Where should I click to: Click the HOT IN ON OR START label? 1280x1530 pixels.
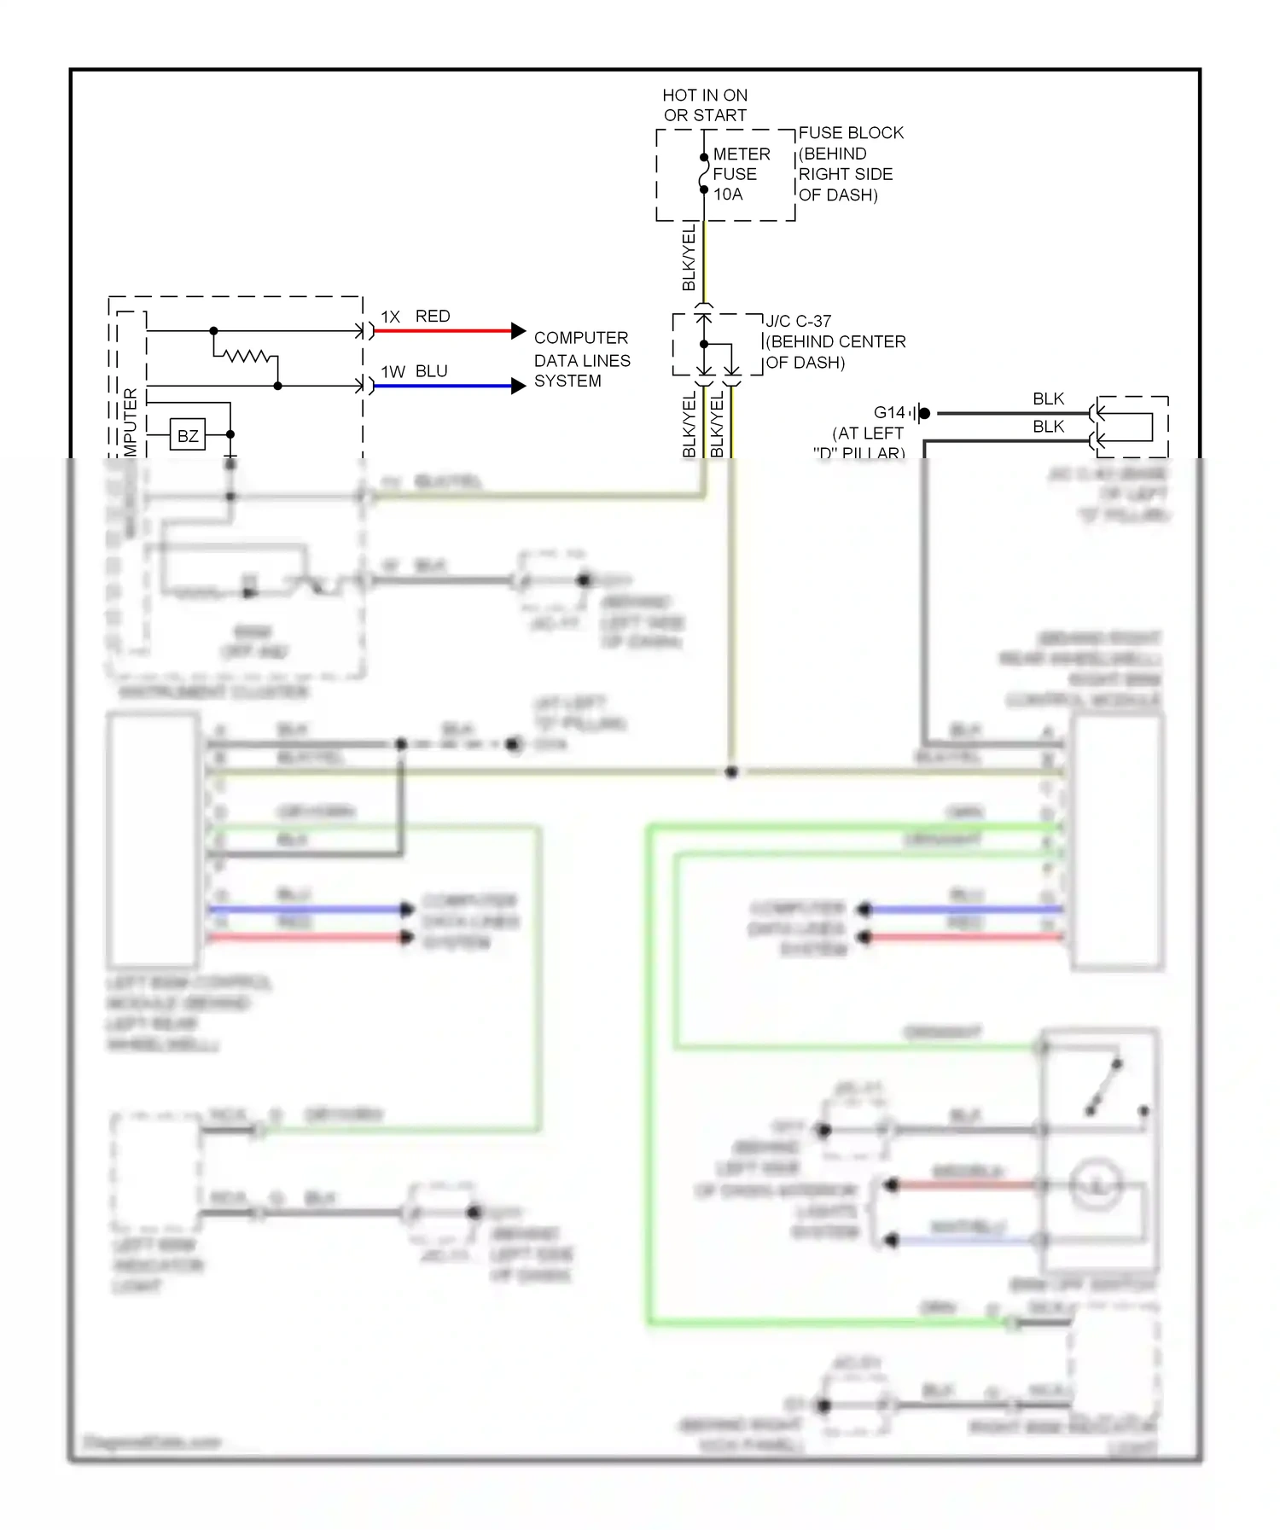pyautogui.click(x=705, y=105)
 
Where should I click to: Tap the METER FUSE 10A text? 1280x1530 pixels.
pyautogui.click(x=741, y=174)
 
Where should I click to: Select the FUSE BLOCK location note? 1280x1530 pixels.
pyautogui.click(x=849, y=164)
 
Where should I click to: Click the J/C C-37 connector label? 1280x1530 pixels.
pyautogui.click(x=798, y=321)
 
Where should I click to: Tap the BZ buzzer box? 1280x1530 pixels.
pyautogui.click(x=188, y=435)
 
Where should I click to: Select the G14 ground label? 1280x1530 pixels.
pyautogui.click(x=888, y=412)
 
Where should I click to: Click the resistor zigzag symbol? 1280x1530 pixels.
pyautogui.click(x=246, y=355)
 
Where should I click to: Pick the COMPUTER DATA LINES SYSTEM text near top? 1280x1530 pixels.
pyautogui.click(x=581, y=359)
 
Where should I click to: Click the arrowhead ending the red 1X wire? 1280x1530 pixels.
pyautogui.click(x=518, y=331)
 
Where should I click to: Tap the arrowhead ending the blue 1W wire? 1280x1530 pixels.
pyautogui.click(x=518, y=387)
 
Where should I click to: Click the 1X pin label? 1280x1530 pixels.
pyautogui.click(x=390, y=317)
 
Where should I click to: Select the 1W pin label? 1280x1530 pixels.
pyautogui.click(x=393, y=372)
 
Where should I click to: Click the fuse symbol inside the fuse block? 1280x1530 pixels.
pyautogui.click(x=704, y=173)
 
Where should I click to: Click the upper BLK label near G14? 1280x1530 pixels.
pyautogui.click(x=1048, y=398)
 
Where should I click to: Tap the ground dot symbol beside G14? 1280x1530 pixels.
pyautogui.click(x=923, y=413)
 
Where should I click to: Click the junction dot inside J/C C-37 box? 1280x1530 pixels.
pyautogui.click(x=704, y=344)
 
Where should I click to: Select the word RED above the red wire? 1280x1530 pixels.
pyautogui.click(x=433, y=317)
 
